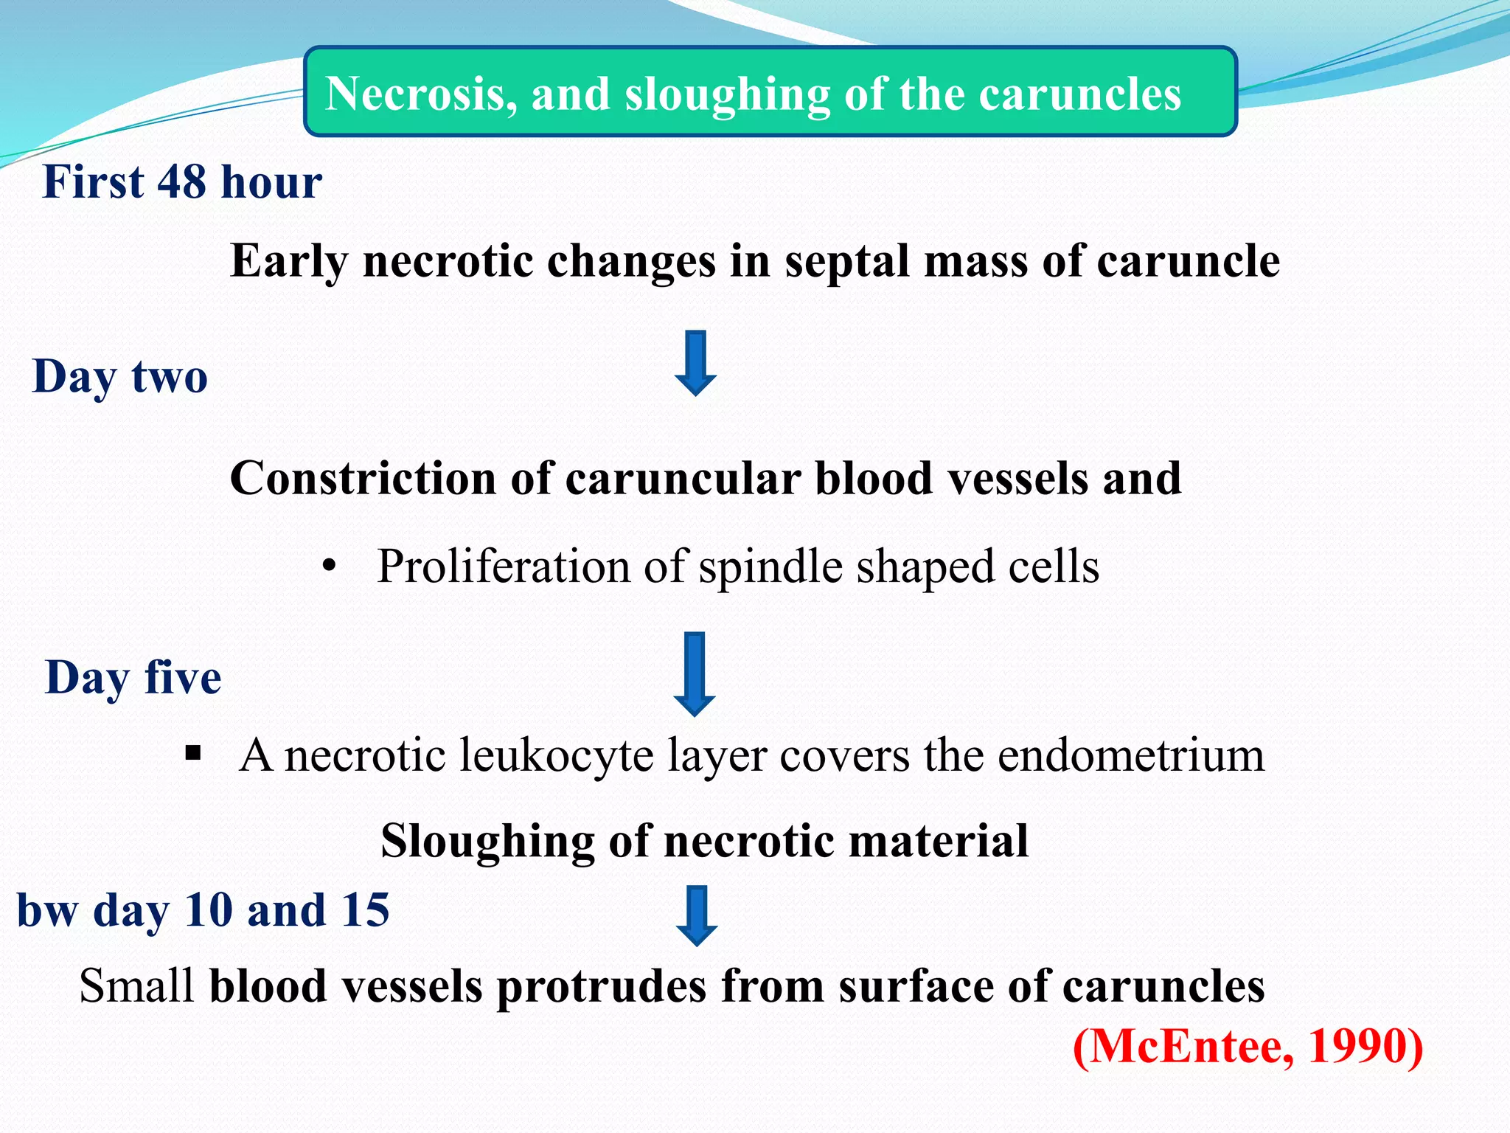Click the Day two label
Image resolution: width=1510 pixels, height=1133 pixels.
tap(120, 377)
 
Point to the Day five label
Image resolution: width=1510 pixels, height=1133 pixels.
tap(133, 677)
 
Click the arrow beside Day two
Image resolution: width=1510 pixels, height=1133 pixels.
tap(695, 363)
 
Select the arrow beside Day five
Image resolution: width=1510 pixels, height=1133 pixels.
tap(695, 673)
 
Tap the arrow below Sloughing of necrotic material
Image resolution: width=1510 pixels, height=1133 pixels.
tap(696, 915)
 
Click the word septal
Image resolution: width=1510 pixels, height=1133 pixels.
tap(846, 261)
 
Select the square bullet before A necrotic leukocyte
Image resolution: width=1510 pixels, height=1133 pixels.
tap(193, 754)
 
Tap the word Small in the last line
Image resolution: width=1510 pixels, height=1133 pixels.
tap(137, 985)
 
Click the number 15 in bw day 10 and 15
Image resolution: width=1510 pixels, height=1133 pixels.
tap(365, 909)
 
